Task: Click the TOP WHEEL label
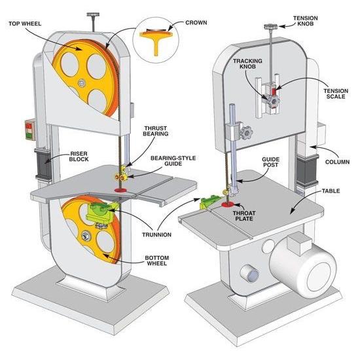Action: click(25, 24)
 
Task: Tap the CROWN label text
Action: click(196, 23)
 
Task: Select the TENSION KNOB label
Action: click(306, 21)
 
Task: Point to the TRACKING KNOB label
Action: click(247, 63)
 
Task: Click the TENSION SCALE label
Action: click(336, 94)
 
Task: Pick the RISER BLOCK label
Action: click(79, 156)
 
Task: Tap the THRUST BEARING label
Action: click(155, 131)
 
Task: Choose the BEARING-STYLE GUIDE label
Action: click(173, 161)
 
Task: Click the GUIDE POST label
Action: click(271, 162)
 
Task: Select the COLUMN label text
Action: click(337, 162)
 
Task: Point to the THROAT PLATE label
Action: click(244, 216)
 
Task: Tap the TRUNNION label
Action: click(156, 234)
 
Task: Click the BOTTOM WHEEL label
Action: click(157, 261)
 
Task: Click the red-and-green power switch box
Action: click(29, 130)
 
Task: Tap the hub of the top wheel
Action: click(81, 83)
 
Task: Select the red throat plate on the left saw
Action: click(121, 190)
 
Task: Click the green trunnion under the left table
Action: click(100, 213)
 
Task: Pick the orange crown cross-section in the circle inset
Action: click(156, 39)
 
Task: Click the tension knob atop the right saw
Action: click(271, 27)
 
